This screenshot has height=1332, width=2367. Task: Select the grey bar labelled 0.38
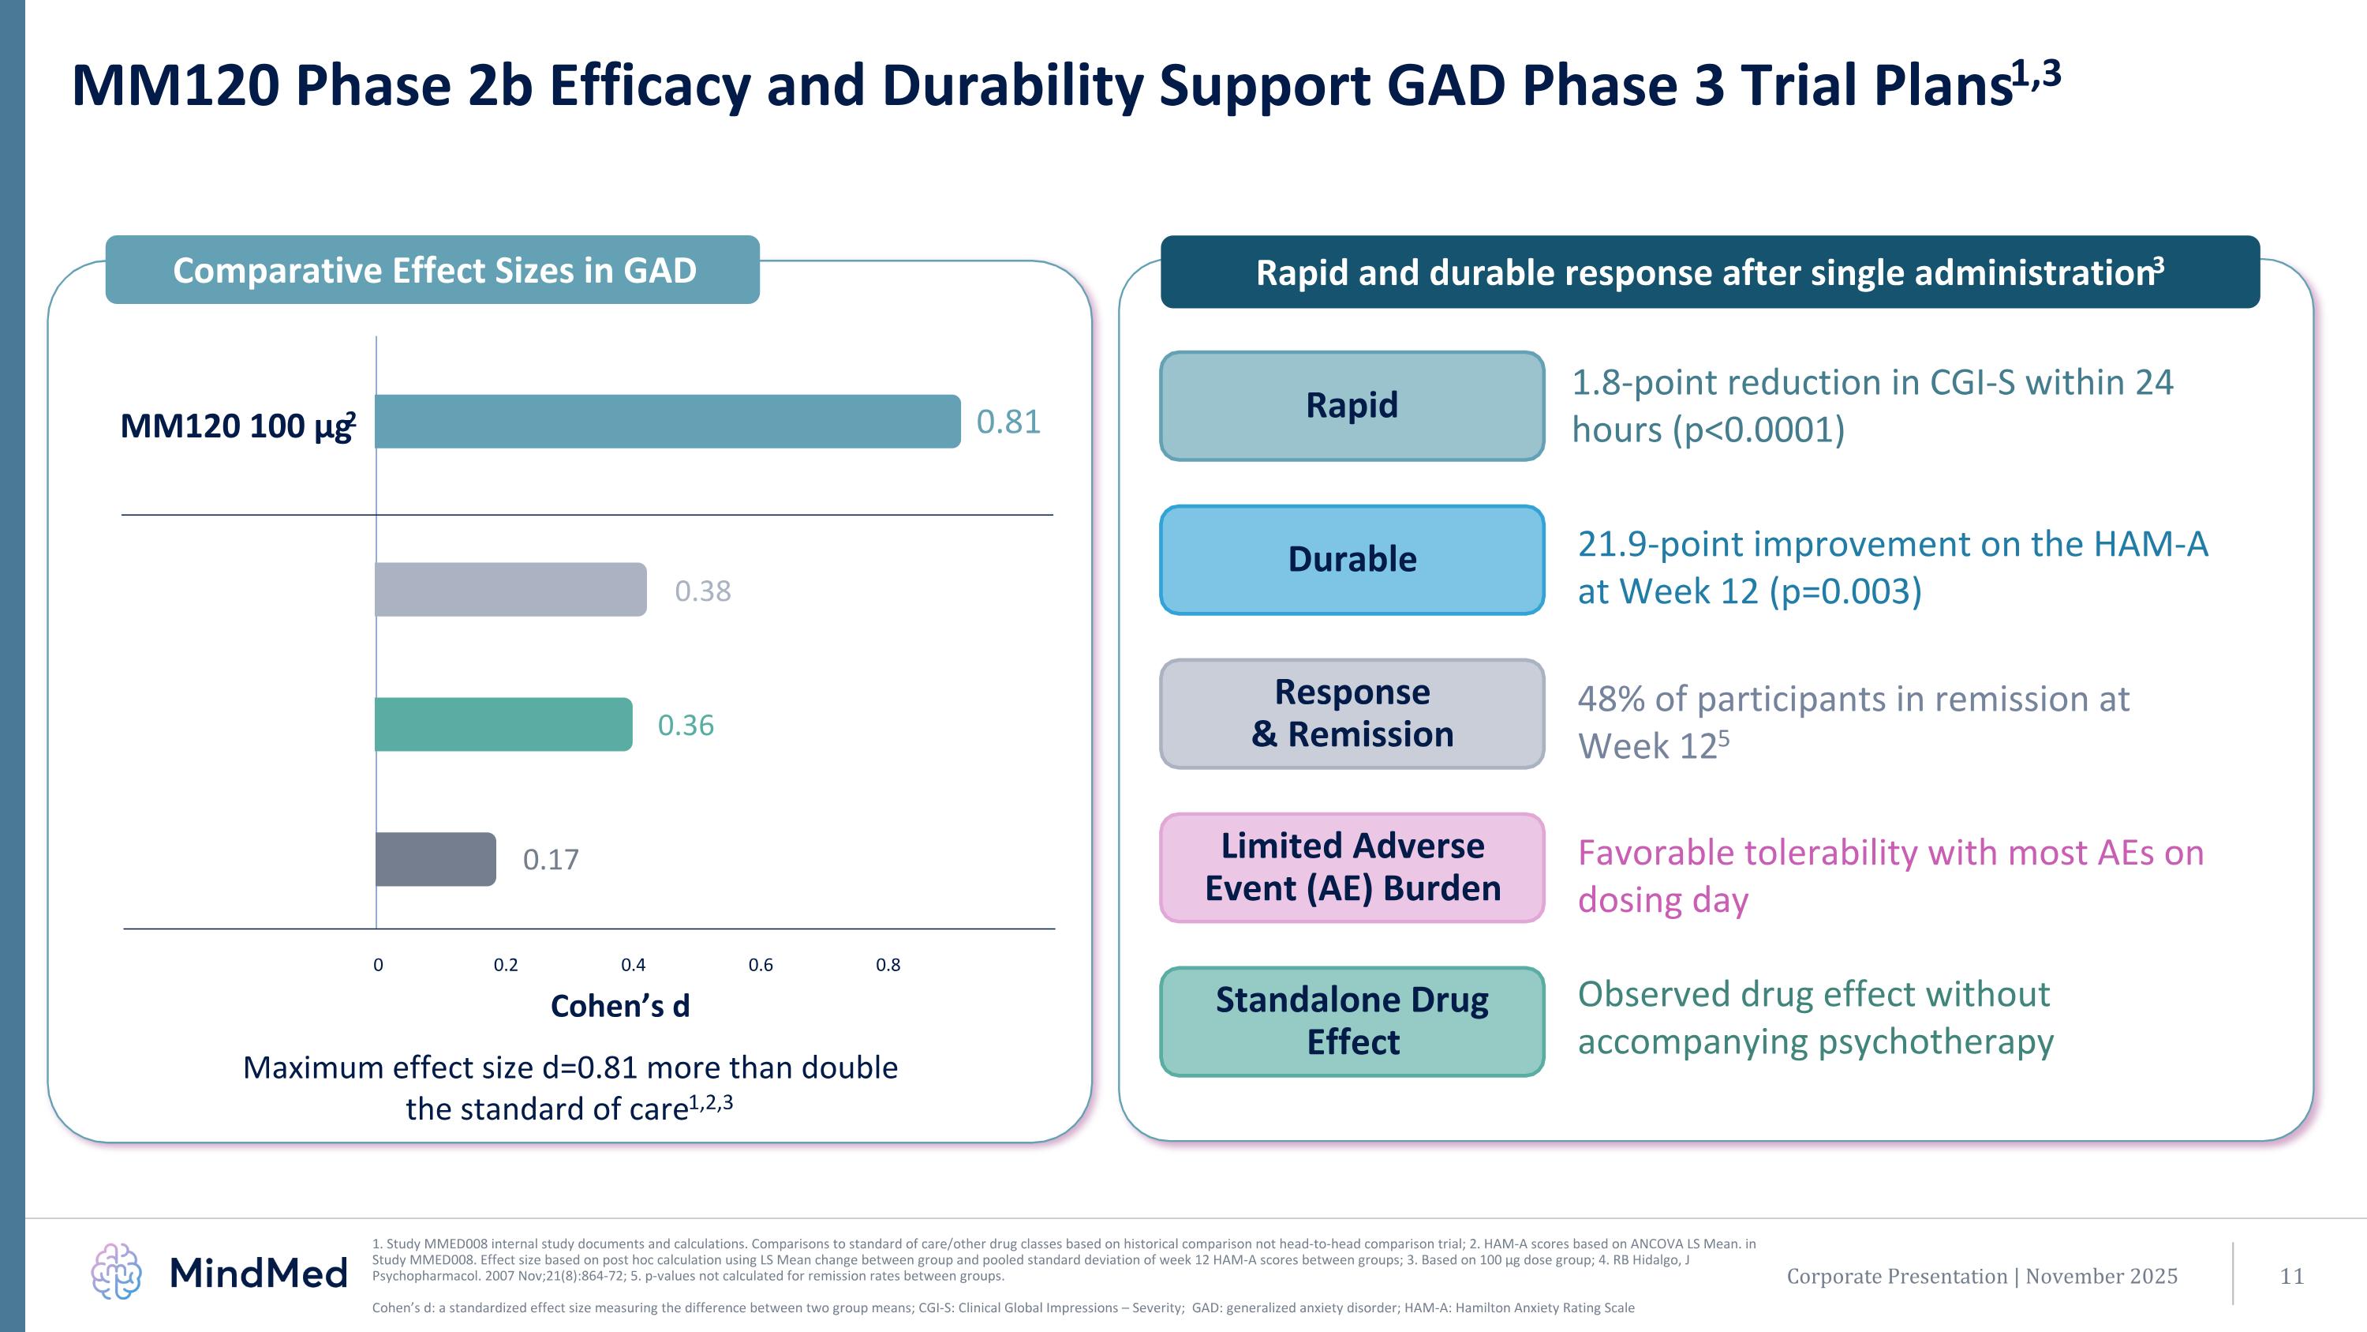coord(511,589)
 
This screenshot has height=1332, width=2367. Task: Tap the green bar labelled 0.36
coord(503,724)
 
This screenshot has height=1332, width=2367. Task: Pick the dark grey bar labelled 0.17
coord(436,860)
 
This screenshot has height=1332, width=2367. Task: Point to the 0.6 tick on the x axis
coord(760,965)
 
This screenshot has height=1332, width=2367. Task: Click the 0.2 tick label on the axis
coord(506,965)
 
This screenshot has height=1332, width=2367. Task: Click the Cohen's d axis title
coord(619,1007)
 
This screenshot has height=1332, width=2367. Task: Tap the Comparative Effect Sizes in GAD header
coord(434,270)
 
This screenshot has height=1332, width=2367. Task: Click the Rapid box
coord(1352,405)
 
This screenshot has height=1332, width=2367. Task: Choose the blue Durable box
coord(1352,560)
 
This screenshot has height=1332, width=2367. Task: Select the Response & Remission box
coord(1352,713)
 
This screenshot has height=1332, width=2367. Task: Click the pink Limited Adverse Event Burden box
coord(1352,867)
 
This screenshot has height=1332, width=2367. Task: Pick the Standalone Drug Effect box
coord(1352,1021)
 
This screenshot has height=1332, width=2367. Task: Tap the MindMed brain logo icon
coord(117,1271)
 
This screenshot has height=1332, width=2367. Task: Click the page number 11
coord(2292,1276)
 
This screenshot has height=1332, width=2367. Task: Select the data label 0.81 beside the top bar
coord(1008,422)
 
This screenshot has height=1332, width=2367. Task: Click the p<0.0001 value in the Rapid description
coord(1758,430)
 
